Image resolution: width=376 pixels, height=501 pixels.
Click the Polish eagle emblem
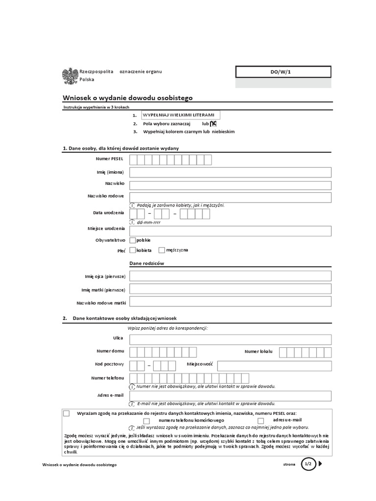(70, 75)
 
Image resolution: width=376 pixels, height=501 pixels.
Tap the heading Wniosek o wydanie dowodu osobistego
(128, 97)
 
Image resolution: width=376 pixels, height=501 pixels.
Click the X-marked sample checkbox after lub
(213, 124)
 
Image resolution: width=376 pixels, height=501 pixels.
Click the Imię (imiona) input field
(230, 172)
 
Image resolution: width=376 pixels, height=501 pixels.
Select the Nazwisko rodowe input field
(230, 197)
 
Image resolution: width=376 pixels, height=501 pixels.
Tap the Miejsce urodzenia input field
(230, 231)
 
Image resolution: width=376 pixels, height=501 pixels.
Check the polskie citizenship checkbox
(133, 240)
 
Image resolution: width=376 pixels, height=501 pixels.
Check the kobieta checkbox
(133, 250)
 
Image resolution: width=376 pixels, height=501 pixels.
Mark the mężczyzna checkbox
(162, 250)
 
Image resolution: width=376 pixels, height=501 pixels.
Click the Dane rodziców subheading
(146, 264)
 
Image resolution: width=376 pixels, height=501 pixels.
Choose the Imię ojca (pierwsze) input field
(230, 276)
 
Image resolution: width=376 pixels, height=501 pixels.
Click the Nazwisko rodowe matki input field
(230, 301)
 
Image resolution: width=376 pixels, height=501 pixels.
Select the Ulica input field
(230, 340)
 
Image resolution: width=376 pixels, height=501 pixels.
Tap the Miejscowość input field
(274, 365)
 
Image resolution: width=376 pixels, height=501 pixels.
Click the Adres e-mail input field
(230, 396)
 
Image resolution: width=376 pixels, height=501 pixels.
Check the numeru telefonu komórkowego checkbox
(146, 421)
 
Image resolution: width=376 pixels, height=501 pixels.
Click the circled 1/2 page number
(308, 464)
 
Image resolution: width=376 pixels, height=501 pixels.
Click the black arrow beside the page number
(320, 464)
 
